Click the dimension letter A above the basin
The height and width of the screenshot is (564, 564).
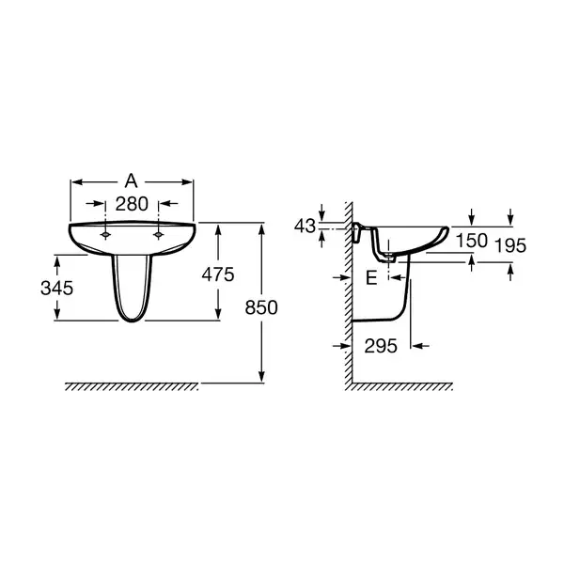(x=132, y=180)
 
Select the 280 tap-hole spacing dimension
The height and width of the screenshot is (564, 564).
(x=132, y=204)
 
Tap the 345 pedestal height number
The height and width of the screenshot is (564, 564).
(x=56, y=289)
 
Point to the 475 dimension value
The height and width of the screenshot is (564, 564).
(x=218, y=274)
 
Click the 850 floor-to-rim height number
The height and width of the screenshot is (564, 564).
(x=261, y=307)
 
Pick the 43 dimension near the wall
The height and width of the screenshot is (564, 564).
(x=305, y=227)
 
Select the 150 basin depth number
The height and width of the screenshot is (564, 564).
(x=472, y=241)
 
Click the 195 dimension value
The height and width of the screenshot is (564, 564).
(x=510, y=245)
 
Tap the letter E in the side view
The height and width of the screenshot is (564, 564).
(x=371, y=277)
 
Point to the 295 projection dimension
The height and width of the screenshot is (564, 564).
(x=381, y=346)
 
